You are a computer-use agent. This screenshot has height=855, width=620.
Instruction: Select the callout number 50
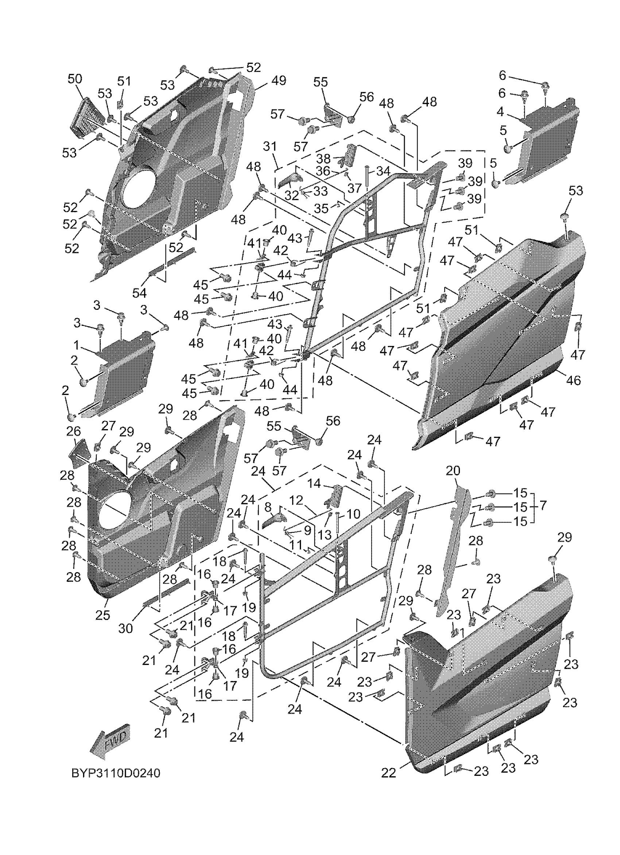coord(74,79)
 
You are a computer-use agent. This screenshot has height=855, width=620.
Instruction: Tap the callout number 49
coord(279,81)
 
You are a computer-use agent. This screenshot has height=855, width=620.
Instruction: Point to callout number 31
coord(270,146)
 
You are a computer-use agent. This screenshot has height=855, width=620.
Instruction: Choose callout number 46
coord(574,380)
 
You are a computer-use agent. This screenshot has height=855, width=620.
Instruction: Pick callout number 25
coord(102,615)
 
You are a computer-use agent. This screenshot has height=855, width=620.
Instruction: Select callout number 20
coord(453,470)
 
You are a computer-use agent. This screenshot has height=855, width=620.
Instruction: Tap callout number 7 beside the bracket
coord(543,505)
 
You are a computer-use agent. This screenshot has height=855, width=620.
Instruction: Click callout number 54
coord(139,293)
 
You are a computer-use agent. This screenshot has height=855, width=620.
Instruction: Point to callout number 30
coord(126,628)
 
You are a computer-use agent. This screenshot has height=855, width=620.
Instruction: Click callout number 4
coord(500,112)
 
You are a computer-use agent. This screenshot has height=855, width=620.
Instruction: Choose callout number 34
coord(383,172)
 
